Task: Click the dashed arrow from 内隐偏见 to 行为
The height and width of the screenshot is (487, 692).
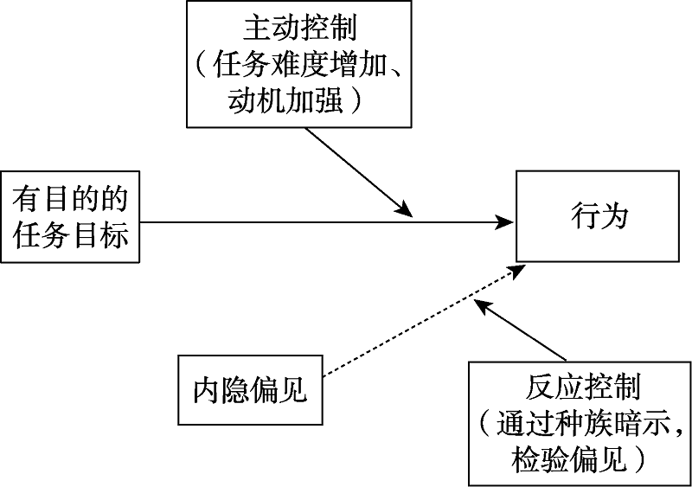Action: pyautogui.click(x=415, y=325)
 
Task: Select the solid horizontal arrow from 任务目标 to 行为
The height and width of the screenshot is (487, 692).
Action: pyautogui.click(x=320, y=222)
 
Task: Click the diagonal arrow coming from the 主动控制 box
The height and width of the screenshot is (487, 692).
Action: pyautogui.click(x=355, y=173)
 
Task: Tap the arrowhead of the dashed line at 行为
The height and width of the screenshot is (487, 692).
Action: pyautogui.click(x=516, y=271)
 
